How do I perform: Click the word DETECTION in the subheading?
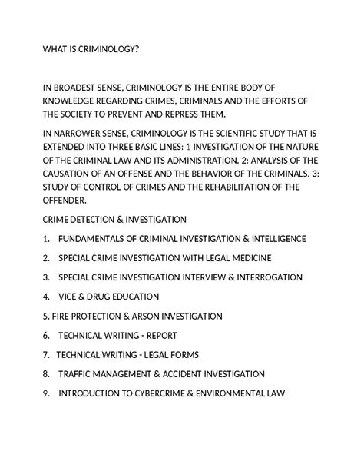coord(97,219)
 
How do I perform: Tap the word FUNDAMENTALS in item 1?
coord(98,238)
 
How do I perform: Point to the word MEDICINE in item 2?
coord(250,257)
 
